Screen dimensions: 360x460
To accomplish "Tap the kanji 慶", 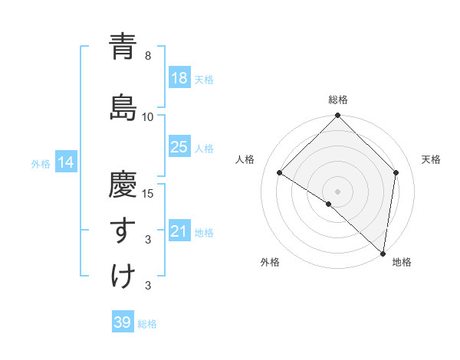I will click(x=123, y=183).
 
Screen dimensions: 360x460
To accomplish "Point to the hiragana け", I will click(x=123, y=277).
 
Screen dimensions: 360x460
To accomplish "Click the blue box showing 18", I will click(x=179, y=78).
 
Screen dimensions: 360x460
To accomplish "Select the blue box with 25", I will click(x=179, y=147).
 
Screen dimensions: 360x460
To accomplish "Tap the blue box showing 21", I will click(x=179, y=231).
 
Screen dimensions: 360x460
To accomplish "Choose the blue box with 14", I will click(x=66, y=162).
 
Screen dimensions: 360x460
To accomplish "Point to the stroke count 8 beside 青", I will click(x=148, y=56).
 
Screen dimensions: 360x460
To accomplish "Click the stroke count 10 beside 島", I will click(x=148, y=116).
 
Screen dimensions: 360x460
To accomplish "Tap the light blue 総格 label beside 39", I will click(x=147, y=324).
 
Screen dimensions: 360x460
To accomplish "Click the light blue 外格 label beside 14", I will click(x=41, y=163).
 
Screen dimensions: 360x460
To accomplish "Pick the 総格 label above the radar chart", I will click(x=338, y=100).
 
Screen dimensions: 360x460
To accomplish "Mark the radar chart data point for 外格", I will click(x=329, y=204).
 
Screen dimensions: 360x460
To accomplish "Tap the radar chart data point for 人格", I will click(x=280, y=173).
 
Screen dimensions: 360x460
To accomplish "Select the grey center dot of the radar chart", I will click(x=338, y=191).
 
